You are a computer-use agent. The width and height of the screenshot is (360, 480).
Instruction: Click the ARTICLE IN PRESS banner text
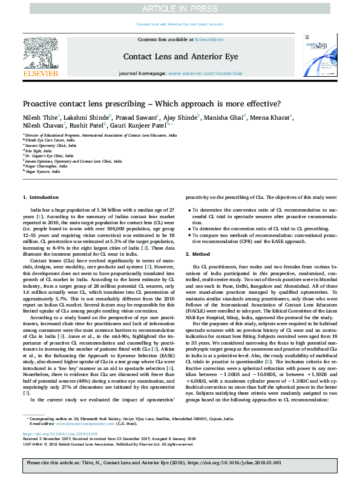pos(180,8)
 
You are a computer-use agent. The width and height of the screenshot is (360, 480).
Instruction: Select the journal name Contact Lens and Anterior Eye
pos(179,56)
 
